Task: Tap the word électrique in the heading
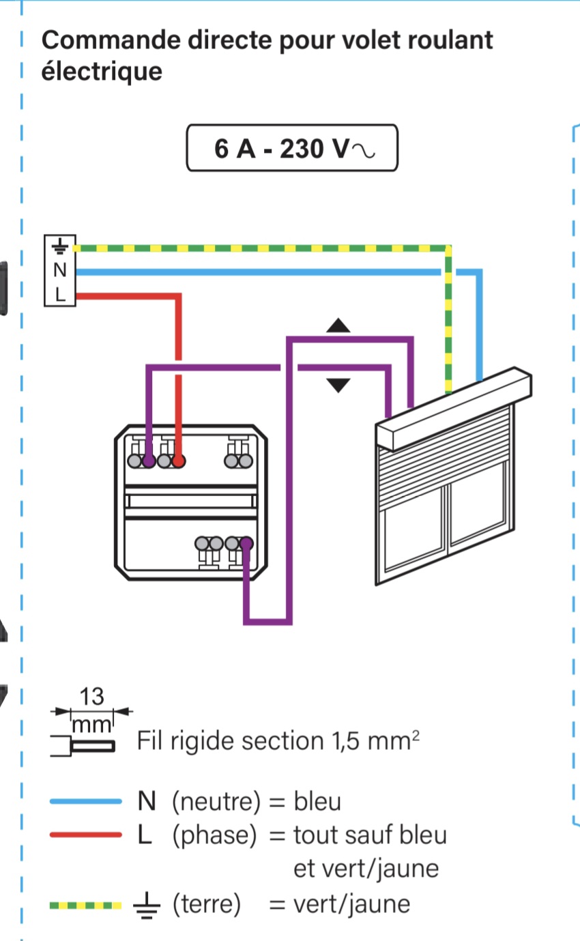(102, 71)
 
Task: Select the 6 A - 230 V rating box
(291, 147)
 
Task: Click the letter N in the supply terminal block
(60, 270)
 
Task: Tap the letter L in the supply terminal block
(60, 295)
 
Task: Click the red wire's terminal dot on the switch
(179, 462)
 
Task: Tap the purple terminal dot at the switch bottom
(246, 544)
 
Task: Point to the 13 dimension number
(91, 697)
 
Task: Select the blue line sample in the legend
(85, 802)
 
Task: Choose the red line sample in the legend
(85, 835)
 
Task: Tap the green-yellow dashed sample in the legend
(85, 906)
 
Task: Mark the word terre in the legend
(207, 905)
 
